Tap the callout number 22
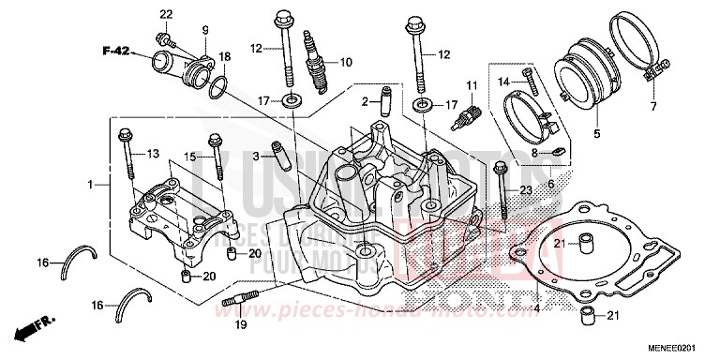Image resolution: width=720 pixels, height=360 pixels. click(x=166, y=14)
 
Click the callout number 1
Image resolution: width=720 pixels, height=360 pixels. click(x=91, y=186)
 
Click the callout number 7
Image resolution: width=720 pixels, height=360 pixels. click(x=652, y=106)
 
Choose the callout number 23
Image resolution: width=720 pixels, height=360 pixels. click(x=526, y=190)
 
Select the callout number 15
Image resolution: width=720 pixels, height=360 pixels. click(x=187, y=156)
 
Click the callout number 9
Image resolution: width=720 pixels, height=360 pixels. click(x=205, y=31)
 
